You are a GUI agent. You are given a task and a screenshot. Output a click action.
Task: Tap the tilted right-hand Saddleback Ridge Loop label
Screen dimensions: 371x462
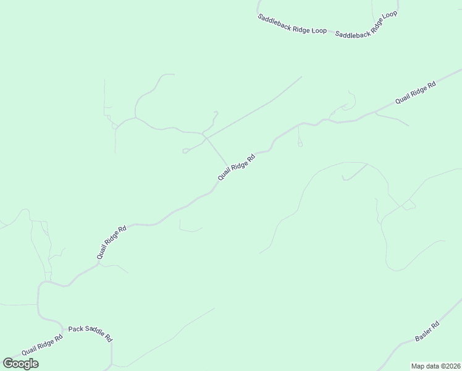[x=366, y=25]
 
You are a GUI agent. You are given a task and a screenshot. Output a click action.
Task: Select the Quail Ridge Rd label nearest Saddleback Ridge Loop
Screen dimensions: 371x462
[x=416, y=92]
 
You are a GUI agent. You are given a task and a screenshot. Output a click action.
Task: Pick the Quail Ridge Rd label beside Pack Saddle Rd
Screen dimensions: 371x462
[x=42, y=344]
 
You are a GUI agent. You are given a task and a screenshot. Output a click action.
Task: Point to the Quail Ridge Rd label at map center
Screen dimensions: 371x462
[x=236, y=167]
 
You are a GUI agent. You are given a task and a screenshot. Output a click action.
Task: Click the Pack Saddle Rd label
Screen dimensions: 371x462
[x=90, y=333]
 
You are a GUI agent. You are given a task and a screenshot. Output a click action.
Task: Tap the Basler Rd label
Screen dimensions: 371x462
[x=427, y=331]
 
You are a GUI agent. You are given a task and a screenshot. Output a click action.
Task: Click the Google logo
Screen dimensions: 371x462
[x=20, y=364]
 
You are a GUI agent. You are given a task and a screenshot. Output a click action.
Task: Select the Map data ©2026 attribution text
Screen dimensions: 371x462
[x=435, y=365]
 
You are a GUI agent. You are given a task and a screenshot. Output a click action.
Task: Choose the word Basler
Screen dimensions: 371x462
[x=424, y=334]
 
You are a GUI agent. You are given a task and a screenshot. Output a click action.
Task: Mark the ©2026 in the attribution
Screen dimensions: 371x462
[x=449, y=365]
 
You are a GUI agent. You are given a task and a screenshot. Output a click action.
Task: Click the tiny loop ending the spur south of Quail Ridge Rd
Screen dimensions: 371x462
[x=300, y=145]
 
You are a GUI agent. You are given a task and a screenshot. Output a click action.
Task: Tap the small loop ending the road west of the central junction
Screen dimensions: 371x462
[x=185, y=151]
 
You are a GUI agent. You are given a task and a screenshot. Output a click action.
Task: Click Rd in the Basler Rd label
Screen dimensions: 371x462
[x=435, y=325]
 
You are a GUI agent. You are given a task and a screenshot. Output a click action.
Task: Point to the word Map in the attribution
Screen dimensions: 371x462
[x=418, y=365]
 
